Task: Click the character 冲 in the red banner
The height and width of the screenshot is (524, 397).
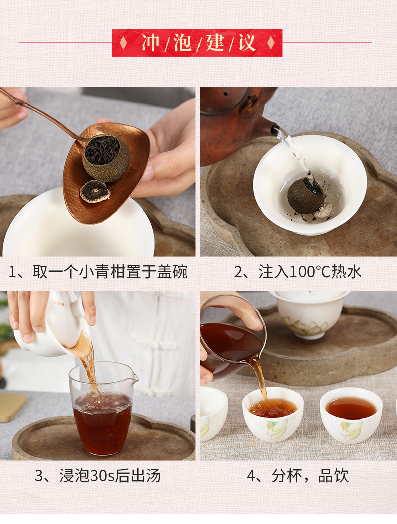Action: (x=151, y=42)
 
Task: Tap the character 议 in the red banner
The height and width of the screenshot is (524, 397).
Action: (x=247, y=42)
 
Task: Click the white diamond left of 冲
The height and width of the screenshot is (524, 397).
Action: (x=123, y=42)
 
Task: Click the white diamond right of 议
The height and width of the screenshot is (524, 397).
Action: (x=271, y=42)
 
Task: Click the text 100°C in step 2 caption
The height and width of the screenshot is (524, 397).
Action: (x=310, y=272)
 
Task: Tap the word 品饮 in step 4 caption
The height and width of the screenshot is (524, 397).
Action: (x=334, y=476)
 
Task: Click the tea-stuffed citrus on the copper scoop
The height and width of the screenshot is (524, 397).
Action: (x=106, y=158)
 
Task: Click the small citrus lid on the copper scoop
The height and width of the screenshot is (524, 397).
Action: (x=95, y=192)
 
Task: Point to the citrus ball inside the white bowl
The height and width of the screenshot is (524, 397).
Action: (x=307, y=195)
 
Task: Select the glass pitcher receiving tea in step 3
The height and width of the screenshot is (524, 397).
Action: (x=103, y=408)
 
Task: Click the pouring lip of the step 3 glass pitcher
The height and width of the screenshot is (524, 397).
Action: (x=135, y=377)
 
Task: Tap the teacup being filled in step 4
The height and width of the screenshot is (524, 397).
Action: (x=273, y=414)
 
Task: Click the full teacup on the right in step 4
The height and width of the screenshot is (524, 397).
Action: (x=351, y=415)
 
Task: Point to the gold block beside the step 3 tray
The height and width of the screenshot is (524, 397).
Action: (x=12, y=407)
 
